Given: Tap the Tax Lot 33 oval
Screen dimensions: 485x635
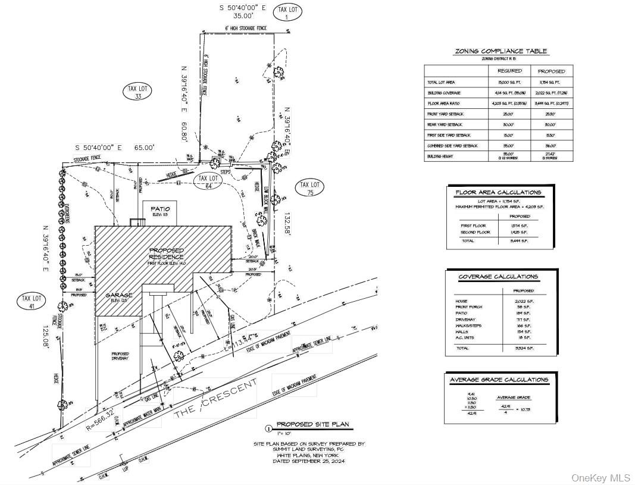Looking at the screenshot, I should (x=137, y=92).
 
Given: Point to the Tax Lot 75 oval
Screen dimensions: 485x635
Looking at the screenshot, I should (x=309, y=188).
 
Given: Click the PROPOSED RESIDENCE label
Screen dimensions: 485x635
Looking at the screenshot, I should (x=167, y=254).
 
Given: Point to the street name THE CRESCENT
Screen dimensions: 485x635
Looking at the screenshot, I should (x=216, y=401).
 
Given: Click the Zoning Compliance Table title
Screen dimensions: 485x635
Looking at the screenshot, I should (x=501, y=52).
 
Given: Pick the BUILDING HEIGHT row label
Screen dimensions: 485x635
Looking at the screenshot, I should (x=441, y=157).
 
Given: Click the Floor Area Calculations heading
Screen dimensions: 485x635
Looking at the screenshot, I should (x=498, y=193).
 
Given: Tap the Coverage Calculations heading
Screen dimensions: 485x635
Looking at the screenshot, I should (x=498, y=277).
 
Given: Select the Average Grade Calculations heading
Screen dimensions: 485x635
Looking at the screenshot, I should (x=499, y=380).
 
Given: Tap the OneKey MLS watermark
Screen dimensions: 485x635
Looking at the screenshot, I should (x=600, y=478).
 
